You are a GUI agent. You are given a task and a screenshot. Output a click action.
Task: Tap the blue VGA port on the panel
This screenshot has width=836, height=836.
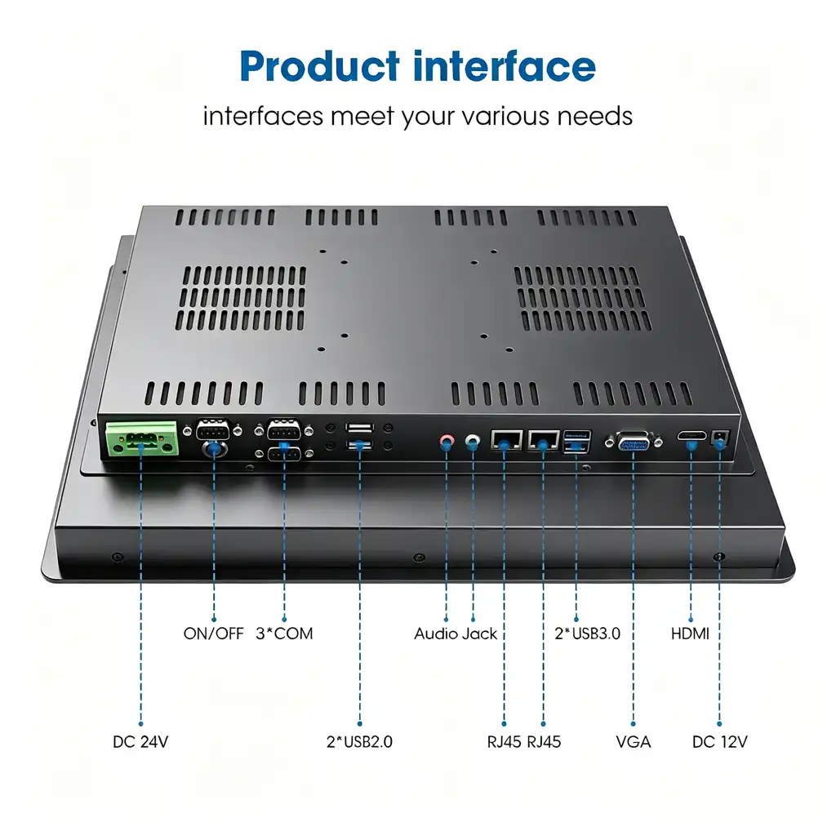634,442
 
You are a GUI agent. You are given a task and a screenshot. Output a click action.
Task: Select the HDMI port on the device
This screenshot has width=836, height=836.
691,436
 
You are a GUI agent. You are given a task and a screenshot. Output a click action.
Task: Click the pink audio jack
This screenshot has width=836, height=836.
447,441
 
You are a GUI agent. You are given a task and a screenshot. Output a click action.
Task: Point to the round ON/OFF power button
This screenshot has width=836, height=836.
215,449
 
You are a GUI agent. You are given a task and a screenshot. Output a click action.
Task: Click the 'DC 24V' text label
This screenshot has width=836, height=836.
140,741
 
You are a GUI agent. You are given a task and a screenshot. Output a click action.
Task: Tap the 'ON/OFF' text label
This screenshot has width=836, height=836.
213,634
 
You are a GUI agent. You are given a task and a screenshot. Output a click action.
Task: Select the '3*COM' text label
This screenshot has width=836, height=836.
284,634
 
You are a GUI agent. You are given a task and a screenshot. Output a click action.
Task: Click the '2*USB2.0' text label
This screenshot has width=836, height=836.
359,741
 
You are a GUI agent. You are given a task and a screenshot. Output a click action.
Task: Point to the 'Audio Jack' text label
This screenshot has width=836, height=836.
456,634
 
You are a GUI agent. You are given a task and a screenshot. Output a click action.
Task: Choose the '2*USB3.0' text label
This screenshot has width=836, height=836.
587,634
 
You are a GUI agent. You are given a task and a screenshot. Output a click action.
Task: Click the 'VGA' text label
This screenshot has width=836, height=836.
634,741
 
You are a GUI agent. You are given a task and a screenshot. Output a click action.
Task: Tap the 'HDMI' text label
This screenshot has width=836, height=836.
690,634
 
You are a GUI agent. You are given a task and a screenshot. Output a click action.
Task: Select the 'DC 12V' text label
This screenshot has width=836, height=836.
720,741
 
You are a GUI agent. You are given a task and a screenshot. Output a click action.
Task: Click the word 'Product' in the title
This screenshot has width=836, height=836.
320,67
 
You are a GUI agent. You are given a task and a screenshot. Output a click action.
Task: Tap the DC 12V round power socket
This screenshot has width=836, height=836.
720,438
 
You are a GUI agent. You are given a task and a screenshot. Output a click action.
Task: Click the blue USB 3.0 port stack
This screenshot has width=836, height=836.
577,442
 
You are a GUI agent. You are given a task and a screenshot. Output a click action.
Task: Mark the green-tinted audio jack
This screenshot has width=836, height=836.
473,441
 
